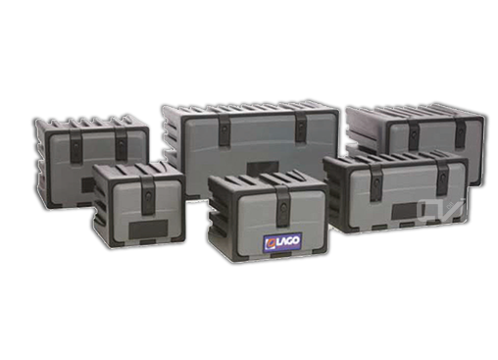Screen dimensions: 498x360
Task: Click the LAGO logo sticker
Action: pyautogui.click(x=282, y=242)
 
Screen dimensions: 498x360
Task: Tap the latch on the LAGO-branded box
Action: pyautogui.click(x=282, y=205)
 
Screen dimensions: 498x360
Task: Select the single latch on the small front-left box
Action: pyautogui.click(x=148, y=193)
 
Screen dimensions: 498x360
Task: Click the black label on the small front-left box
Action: pyautogui.click(x=149, y=229)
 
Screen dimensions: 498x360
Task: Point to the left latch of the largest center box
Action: pyautogui.click(x=224, y=129)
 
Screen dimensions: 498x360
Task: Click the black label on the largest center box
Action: pyautogui.click(x=263, y=169)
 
